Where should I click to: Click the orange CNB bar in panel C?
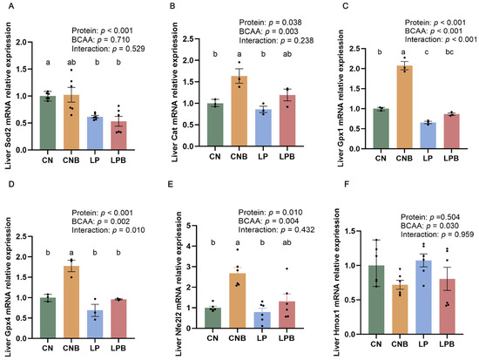coord(404,107)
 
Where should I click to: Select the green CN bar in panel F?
coord(376,300)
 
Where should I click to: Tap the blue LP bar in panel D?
coord(95,324)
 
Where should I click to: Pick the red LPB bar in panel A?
coord(118,135)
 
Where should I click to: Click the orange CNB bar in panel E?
coord(238,301)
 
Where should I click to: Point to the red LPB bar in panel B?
coord(287,120)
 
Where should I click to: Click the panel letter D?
coord(11,184)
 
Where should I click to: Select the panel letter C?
coord(346,6)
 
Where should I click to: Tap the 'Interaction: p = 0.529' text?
coord(108,49)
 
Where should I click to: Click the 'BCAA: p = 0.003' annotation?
coord(268,31)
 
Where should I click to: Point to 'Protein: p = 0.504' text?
coord(430,217)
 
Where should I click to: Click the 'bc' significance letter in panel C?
coord(449,52)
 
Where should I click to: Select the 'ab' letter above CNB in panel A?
coord(71,63)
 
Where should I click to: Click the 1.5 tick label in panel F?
coord(350,231)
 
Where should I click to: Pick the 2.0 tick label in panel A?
coord(21,42)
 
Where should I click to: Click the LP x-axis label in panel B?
coord(263,157)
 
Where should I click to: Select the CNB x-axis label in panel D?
coord(71,348)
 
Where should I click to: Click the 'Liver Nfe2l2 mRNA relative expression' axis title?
coord(179,284)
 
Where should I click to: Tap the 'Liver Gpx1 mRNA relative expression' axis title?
coord(341,98)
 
